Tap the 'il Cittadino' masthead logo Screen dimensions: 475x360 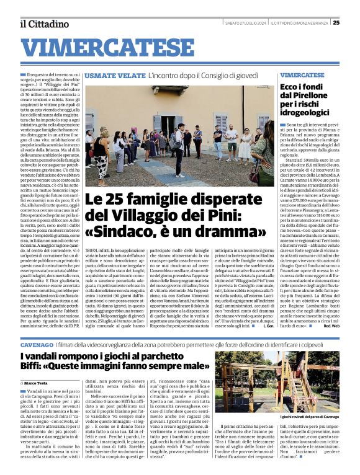click(x=44, y=24)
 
